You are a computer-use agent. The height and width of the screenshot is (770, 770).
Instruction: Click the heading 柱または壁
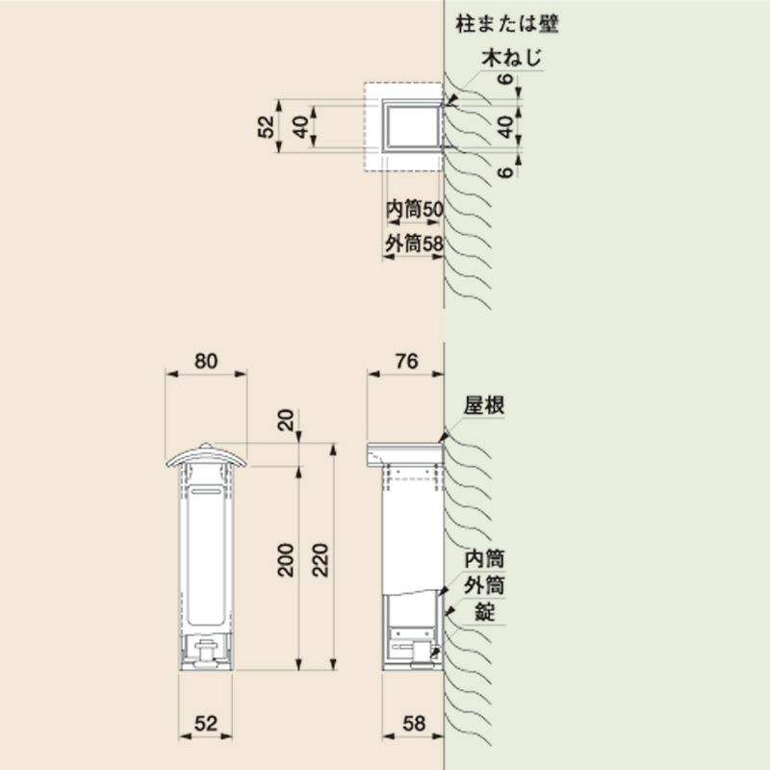click(x=507, y=23)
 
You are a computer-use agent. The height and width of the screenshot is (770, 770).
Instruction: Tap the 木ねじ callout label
click(x=512, y=58)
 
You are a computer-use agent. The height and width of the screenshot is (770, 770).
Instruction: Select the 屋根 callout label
click(x=484, y=406)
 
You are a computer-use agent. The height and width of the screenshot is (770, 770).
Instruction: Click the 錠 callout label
click(x=485, y=612)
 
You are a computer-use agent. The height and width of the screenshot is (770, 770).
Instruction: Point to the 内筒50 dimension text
click(x=415, y=210)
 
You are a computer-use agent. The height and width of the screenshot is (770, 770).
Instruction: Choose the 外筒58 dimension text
click(x=414, y=244)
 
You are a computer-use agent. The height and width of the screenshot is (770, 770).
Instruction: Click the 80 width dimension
click(x=206, y=362)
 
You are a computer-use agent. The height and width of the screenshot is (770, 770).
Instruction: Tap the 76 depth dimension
click(x=406, y=362)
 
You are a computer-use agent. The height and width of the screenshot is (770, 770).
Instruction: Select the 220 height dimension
click(x=321, y=560)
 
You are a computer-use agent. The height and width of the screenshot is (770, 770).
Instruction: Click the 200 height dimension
click(x=286, y=560)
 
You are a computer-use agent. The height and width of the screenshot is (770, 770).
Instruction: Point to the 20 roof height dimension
click(x=286, y=420)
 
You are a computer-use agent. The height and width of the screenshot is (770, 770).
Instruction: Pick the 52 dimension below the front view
click(x=206, y=724)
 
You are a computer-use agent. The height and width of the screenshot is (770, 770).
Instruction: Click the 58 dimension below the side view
click(x=414, y=724)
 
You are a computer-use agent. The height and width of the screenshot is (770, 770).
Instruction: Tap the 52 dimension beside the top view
click(x=266, y=127)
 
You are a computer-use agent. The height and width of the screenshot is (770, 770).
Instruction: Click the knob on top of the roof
click(x=206, y=446)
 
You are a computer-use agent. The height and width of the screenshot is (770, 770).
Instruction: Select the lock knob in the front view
click(x=205, y=654)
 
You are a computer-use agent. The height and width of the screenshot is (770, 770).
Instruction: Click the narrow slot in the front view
click(x=206, y=491)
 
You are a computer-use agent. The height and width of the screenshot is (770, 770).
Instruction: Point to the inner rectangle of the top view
click(x=414, y=127)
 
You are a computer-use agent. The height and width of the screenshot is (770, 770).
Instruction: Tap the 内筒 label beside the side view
click(x=485, y=559)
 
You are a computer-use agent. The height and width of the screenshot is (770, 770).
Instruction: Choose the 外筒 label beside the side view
click(x=485, y=586)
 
